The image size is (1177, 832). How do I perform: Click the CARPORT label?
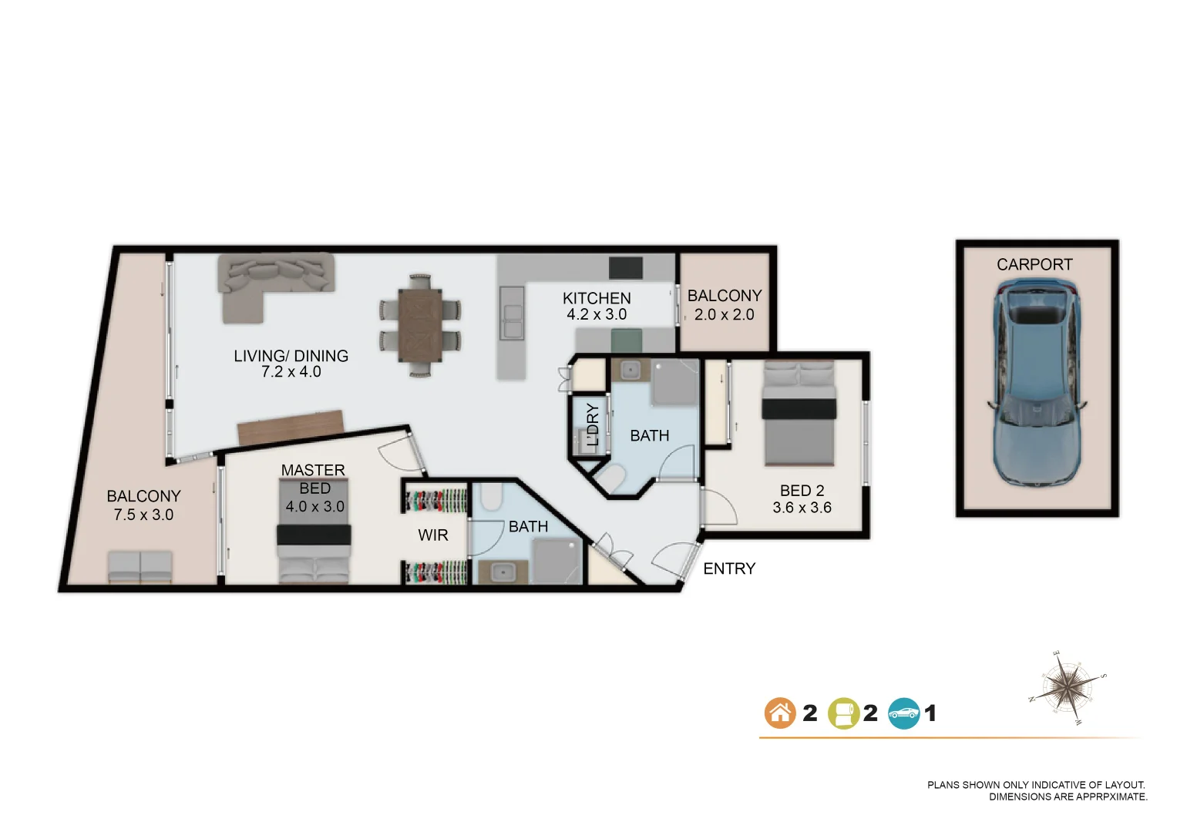(1034, 265)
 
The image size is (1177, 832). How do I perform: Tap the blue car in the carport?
(1036, 381)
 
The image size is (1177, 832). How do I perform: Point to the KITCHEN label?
(597, 298)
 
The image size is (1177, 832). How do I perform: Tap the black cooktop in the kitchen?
(625, 268)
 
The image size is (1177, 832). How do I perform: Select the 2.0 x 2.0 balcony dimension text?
(724, 314)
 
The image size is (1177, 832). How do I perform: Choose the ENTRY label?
(729, 569)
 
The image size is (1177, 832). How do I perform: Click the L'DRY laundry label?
(592, 425)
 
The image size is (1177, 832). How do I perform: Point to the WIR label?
(432, 535)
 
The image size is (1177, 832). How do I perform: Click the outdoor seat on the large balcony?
(140, 567)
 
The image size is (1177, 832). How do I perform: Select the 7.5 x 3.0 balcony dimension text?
(143, 515)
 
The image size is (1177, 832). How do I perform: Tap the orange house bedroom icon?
(779, 713)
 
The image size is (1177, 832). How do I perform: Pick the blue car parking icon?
(903, 713)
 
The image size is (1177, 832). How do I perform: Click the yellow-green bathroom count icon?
(842, 713)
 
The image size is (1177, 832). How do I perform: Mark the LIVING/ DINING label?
(291, 356)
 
